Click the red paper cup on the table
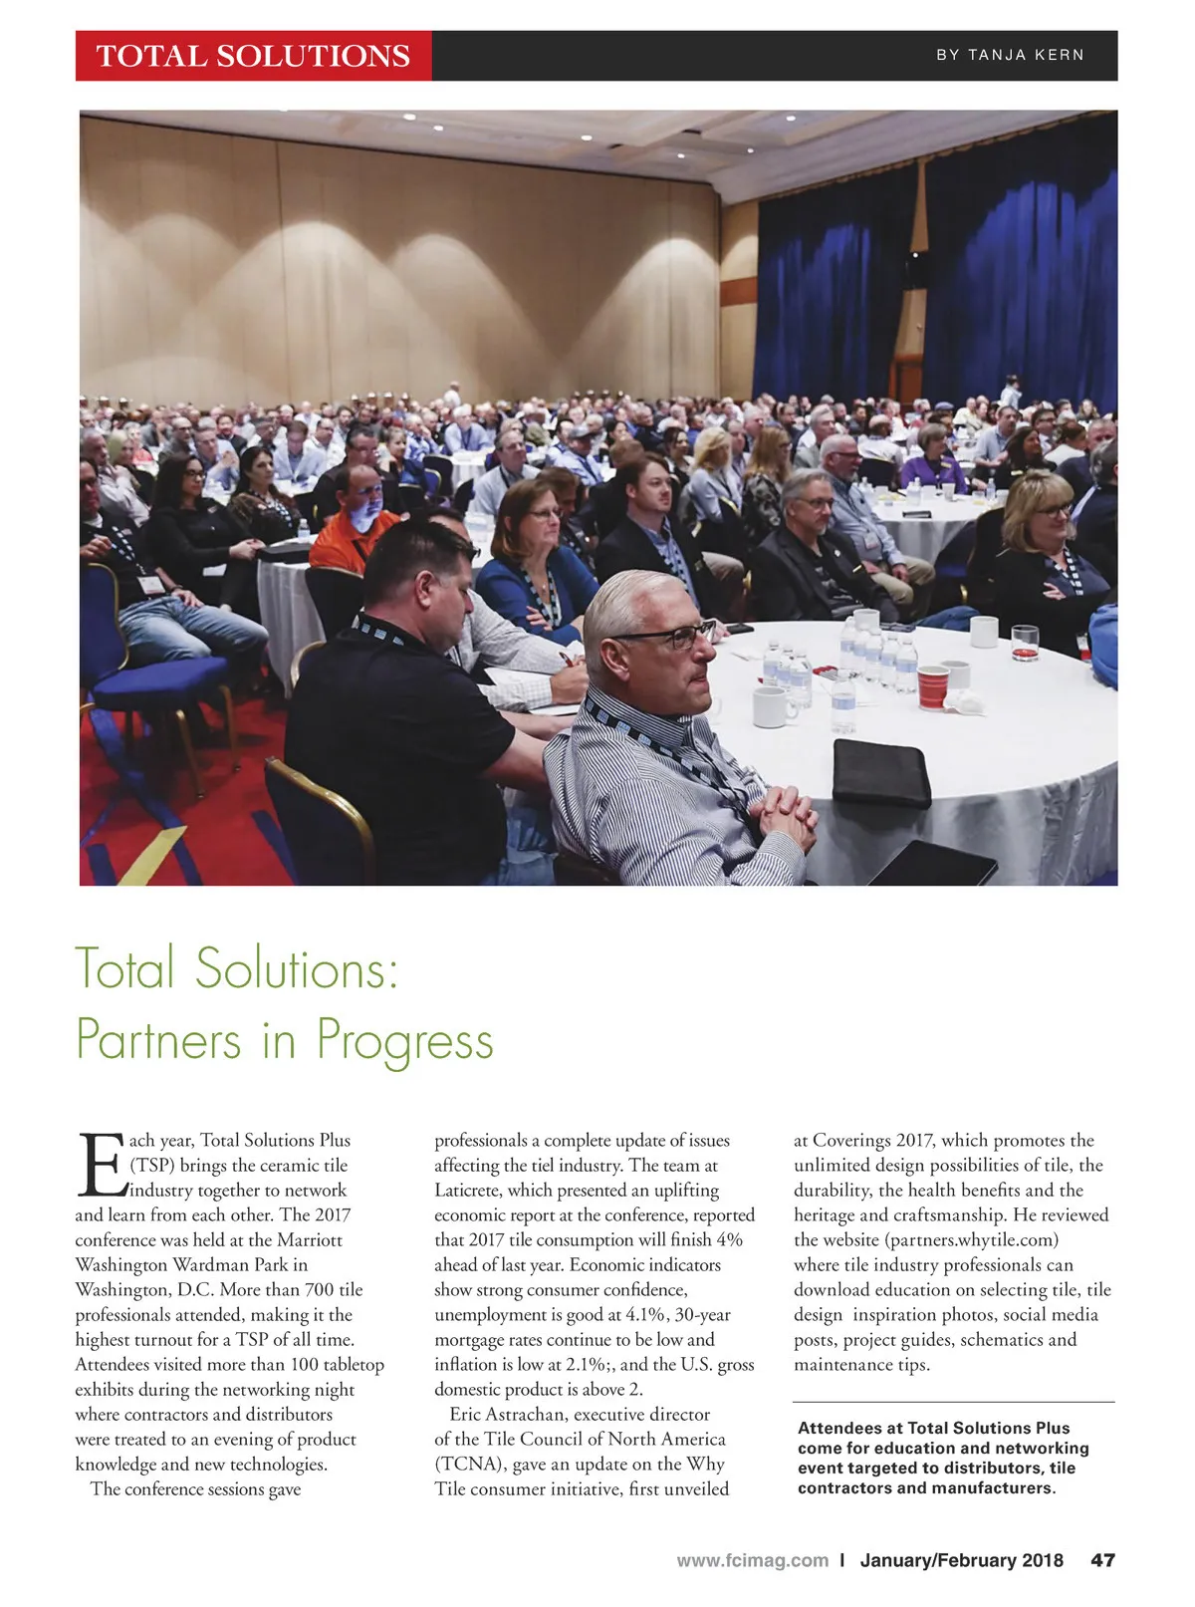pos(933,687)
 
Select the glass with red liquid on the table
pos(1025,643)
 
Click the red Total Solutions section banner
pos(253,55)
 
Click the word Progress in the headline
pos(405,1040)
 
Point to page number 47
pos(1102,1560)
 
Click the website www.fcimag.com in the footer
pos(752,1560)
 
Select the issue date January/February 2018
pos(961,1560)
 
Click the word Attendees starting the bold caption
pos(849,1429)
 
